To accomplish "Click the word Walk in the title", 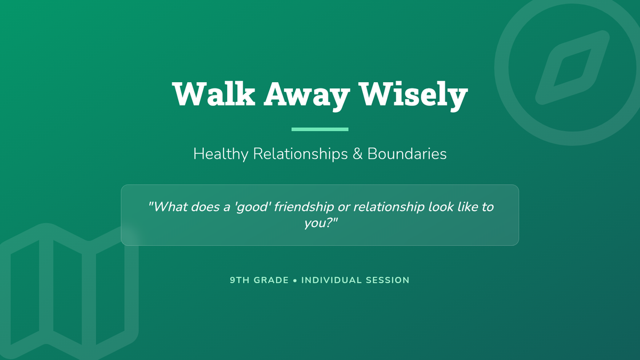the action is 213,94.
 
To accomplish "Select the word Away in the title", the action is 307,96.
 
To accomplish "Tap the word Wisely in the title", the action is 413,95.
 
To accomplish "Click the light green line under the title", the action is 320,129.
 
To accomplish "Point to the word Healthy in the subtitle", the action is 221,154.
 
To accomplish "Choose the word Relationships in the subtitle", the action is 300,154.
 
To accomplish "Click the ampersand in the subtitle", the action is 357,154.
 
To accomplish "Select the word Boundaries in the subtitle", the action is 407,154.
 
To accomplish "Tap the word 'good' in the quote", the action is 252,207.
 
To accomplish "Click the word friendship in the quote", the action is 303,207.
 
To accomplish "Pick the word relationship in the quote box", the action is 389,207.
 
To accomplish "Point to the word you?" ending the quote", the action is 321,223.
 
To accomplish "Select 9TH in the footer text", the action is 239,280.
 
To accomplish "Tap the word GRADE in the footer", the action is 271,280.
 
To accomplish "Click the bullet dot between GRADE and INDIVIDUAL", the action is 295,281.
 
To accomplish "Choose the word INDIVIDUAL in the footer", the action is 331,280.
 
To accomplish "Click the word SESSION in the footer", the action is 388,280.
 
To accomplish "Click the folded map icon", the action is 46,291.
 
